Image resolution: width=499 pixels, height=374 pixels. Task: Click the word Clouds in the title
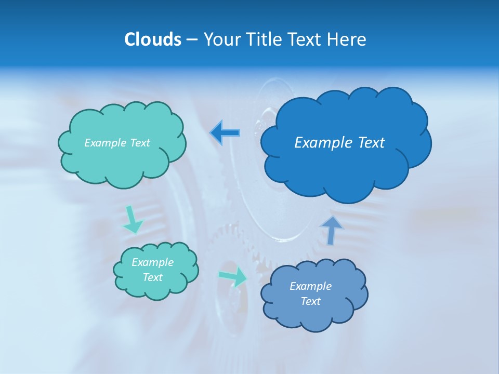pyautogui.click(x=152, y=39)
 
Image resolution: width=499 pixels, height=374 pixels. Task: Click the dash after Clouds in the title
pyautogui.click(x=191, y=40)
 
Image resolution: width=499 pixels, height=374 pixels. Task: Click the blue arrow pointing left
pyautogui.click(x=225, y=132)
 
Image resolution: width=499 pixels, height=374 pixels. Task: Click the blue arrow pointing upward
pyautogui.click(x=331, y=230)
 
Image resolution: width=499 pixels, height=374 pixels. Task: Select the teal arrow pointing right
pyautogui.click(x=233, y=277)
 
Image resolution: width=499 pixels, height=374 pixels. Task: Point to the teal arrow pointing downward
pyautogui.click(x=133, y=219)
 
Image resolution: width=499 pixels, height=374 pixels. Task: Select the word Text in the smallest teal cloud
pyautogui.click(x=152, y=277)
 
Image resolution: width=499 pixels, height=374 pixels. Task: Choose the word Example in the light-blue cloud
pyautogui.click(x=310, y=286)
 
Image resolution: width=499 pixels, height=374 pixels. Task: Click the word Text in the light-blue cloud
pyautogui.click(x=310, y=301)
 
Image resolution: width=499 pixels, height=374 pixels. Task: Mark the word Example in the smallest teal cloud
pyautogui.click(x=152, y=262)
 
